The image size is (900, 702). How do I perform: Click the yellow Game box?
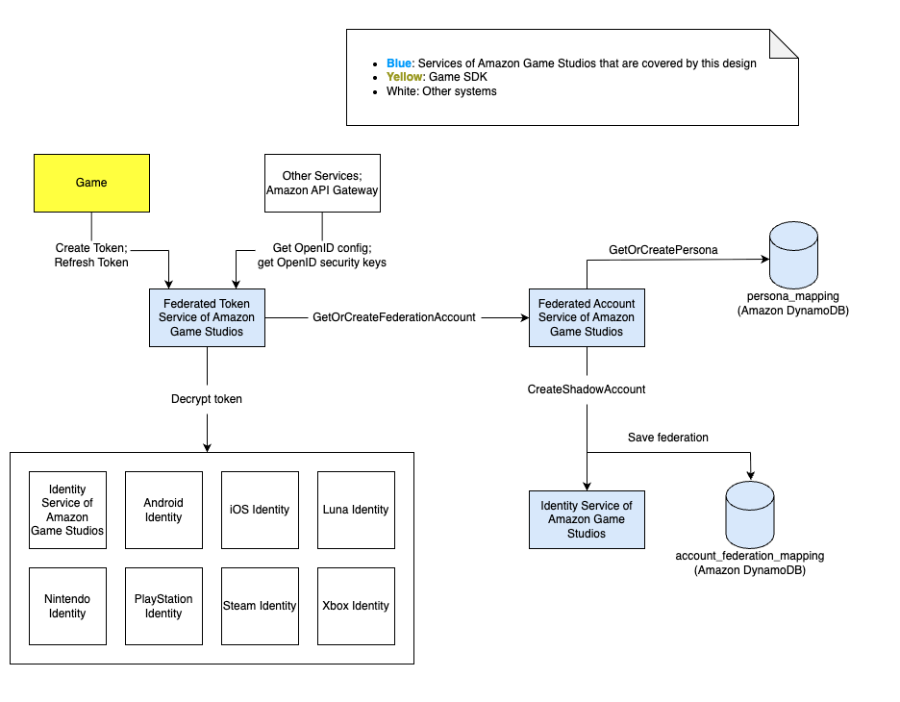click(91, 183)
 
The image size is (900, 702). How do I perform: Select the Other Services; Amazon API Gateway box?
click(322, 183)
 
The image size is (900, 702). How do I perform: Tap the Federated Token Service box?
click(207, 317)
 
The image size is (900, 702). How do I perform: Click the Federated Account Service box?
click(586, 317)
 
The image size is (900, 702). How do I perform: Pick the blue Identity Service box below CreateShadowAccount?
click(586, 519)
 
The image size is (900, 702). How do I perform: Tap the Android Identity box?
click(163, 510)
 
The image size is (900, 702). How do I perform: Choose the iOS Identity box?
click(260, 510)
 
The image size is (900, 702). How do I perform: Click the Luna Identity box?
click(356, 510)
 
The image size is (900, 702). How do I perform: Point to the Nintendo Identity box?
click(67, 606)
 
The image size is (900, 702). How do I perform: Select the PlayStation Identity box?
click(163, 606)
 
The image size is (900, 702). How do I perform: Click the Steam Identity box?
click(260, 606)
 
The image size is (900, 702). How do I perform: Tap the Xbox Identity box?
click(356, 606)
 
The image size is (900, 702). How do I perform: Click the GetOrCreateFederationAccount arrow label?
click(394, 317)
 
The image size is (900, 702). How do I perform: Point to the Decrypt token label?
click(207, 399)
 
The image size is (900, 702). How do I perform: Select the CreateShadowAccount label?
click(586, 389)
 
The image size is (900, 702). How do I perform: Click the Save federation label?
click(667, 438)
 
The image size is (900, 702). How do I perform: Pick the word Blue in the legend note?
click(386, 63)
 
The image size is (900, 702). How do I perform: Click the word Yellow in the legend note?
click(391, 78)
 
